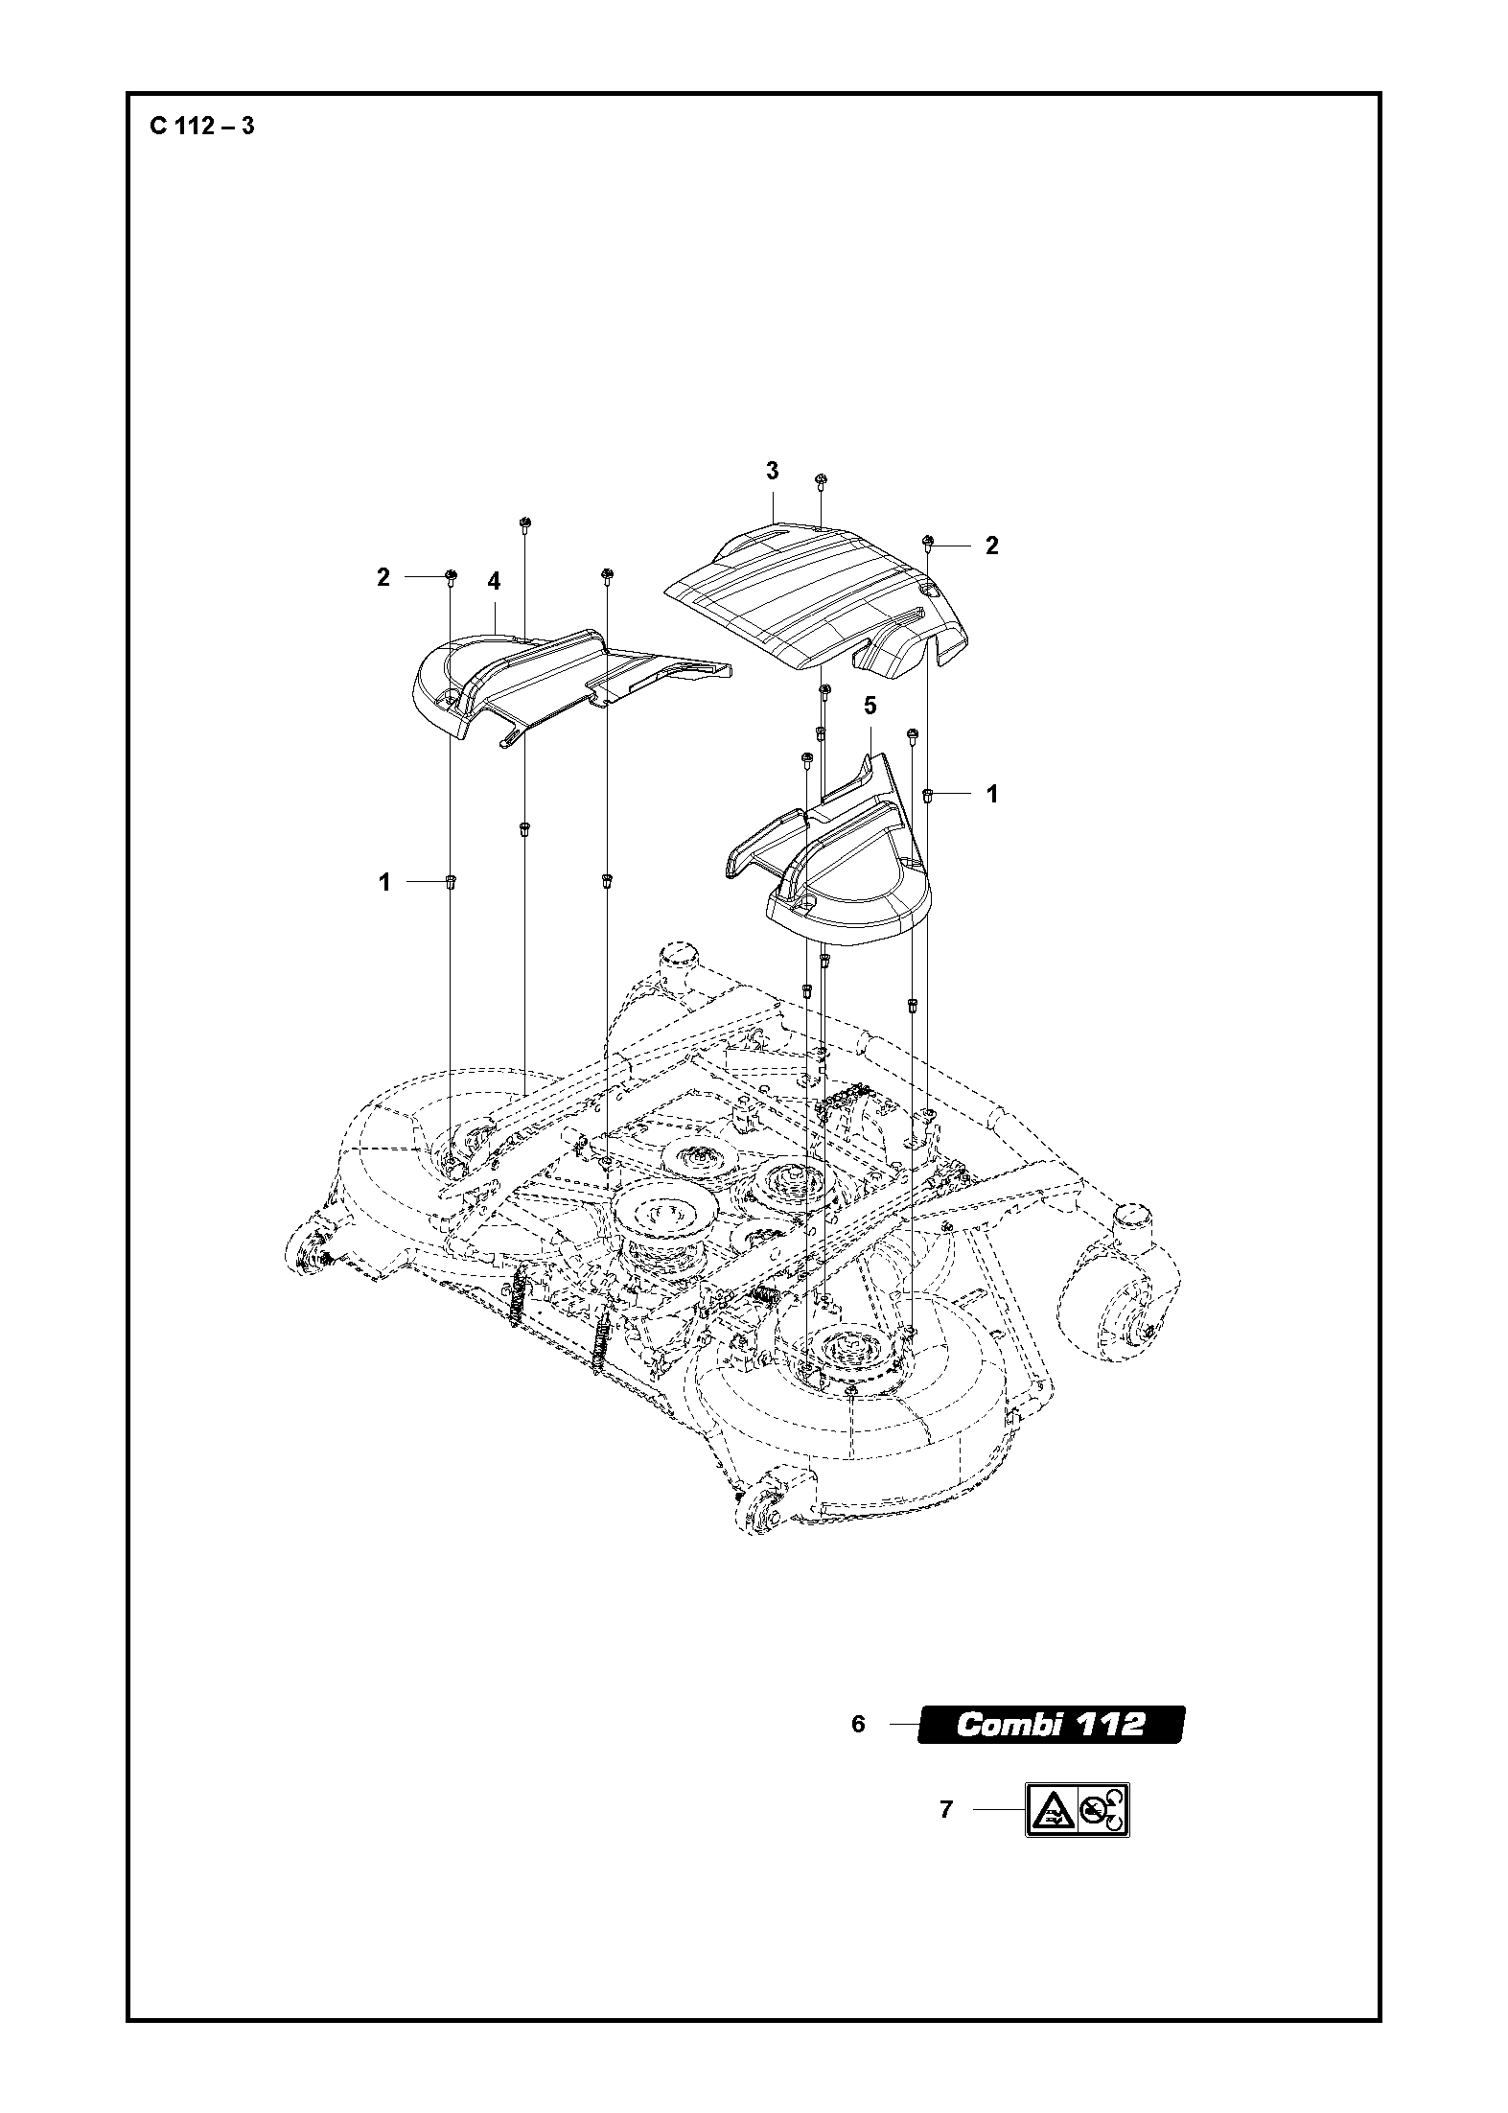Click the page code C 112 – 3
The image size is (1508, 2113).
(202, 126)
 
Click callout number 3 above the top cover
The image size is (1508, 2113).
(772, 471)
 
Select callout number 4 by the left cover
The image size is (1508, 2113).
(494, 581)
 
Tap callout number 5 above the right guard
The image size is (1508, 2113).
(870, 707)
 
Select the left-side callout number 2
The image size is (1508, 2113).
(383, 577)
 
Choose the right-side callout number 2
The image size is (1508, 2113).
(992, 546)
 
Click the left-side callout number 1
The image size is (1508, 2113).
(384, 882)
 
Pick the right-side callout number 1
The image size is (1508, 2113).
(992, 794)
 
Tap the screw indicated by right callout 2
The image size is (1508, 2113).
(928, 543)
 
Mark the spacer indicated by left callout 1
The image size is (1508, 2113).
(450, 881)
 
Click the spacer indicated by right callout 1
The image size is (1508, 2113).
(928, 794)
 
